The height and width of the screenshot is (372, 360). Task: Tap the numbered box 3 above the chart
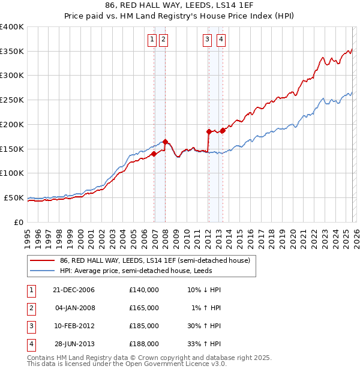coord(207,40)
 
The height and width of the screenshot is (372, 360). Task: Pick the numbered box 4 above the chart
coord(221,40)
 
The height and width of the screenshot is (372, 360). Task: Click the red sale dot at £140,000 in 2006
coord(154,154)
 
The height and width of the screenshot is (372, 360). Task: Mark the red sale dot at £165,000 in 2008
coord(165,142)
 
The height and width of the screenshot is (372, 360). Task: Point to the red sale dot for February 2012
coord(209,131)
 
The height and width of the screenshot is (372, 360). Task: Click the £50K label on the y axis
coord(14,197)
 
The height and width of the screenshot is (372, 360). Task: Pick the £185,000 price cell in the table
coord(143,326)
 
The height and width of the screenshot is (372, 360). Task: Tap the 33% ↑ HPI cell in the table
coord(203,344)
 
